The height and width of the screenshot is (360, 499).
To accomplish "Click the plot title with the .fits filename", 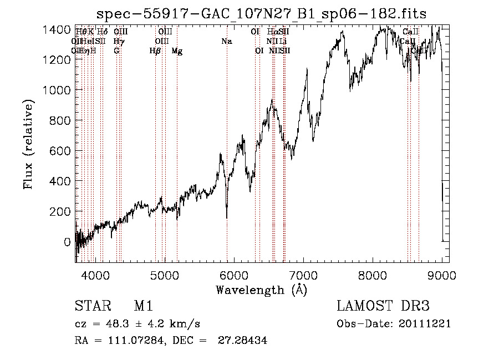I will click(x=262, y=14).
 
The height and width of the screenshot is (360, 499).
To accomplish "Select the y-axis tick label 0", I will click(x=68, y=242).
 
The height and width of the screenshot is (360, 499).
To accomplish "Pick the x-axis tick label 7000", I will click(x=303, y=274).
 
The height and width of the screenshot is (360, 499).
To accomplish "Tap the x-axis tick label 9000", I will click(x=442, y=274).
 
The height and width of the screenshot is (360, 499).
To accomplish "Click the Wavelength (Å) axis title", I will click(x=261, y=290).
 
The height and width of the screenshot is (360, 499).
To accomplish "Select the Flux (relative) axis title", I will click(x=28, y=144).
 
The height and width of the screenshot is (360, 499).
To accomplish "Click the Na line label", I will click(x=226, y=42).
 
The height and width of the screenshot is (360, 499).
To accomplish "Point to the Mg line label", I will click(x=177, y=51).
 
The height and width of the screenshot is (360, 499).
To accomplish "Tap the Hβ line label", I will click(x=155, y=51).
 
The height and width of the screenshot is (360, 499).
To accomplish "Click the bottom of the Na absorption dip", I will click(x=227, y=217).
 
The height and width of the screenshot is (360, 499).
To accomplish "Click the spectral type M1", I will click(x=143, y=307).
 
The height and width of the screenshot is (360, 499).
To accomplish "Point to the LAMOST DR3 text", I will click(x=383, y=307).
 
